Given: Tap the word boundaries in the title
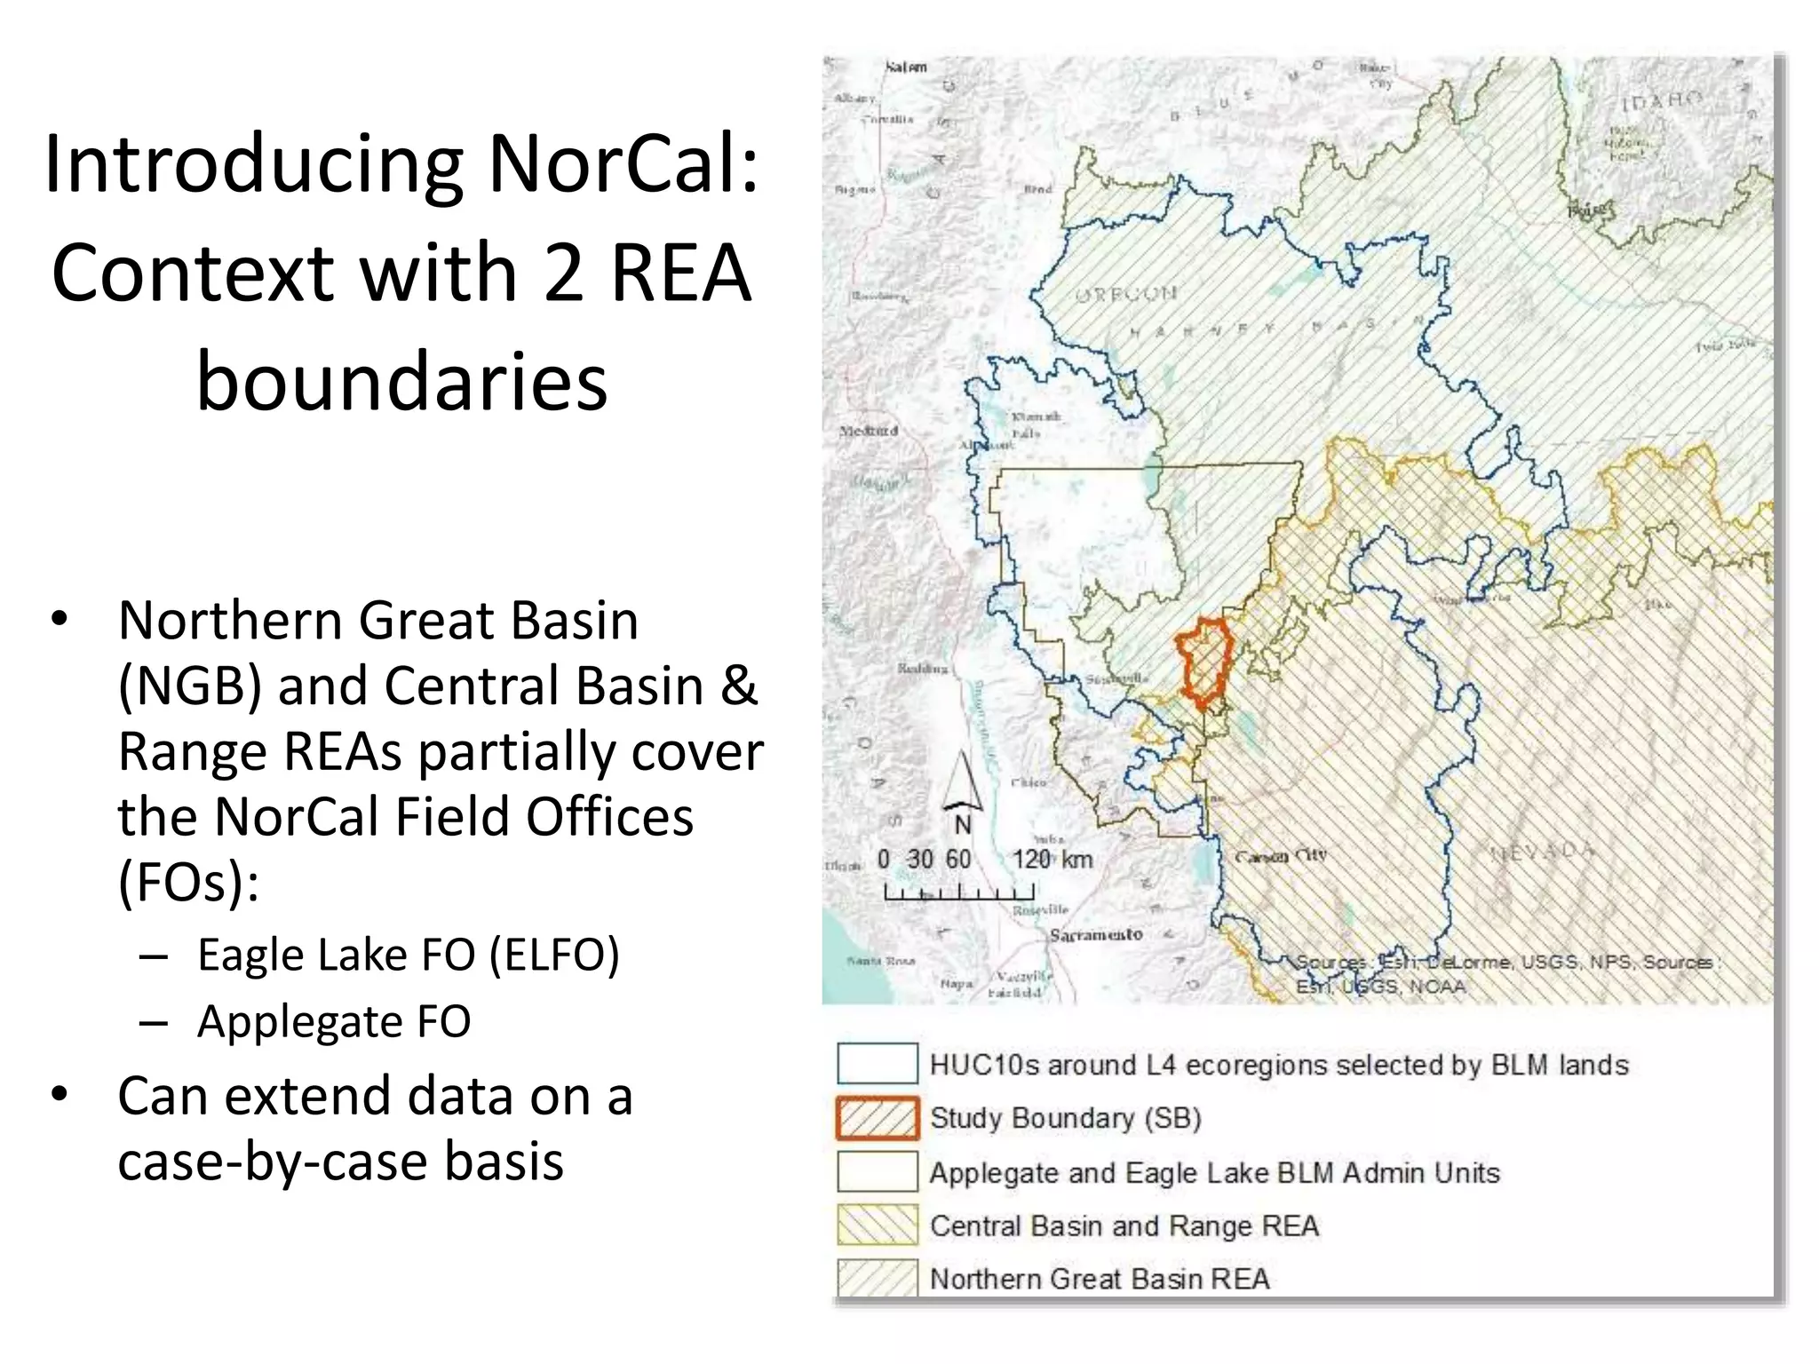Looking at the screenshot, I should (401, 382).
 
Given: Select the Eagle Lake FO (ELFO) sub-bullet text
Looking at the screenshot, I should (408, 956).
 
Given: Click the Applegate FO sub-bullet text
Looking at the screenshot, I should (334, 1021).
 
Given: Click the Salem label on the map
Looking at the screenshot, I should (906, 67).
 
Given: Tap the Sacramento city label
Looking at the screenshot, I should (1095, 934).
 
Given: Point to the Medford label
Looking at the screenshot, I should (869, 431).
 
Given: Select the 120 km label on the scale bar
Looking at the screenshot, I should (1052, 860).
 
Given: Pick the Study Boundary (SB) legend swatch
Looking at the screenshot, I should (877, 1118).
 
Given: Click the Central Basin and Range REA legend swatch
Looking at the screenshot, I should (877, 1225).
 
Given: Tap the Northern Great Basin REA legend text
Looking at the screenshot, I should (1100, 1279).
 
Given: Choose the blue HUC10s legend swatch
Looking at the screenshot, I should (877, 1064).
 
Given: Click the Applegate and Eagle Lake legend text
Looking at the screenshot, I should (1214, 1173).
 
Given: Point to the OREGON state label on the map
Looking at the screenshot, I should (1126, 294).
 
